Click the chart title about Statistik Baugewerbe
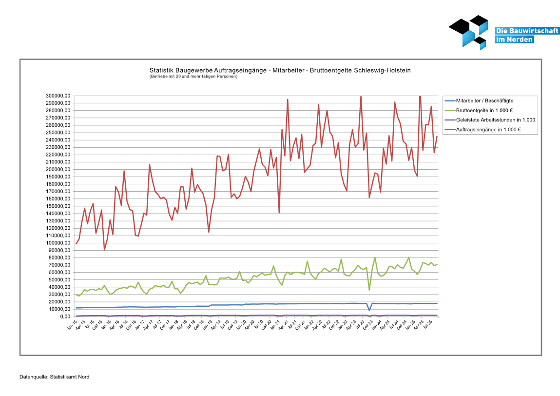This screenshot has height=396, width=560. coord(280,70)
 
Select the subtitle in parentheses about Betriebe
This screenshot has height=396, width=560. coord(193,77)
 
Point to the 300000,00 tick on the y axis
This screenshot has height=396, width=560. coord(58,96)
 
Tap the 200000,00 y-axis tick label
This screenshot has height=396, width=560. coord(58,169)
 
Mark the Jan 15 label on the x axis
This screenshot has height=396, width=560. coord(72,325)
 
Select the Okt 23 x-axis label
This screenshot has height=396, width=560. coord(368,325)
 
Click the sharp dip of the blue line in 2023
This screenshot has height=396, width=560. coord(369,310)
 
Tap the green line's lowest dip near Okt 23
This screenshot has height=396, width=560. coord(369,290)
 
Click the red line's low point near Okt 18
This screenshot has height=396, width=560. coord(209,232)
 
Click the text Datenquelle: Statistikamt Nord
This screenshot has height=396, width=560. coord(55,377)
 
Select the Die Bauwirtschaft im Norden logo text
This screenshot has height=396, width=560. coord(514,35)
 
